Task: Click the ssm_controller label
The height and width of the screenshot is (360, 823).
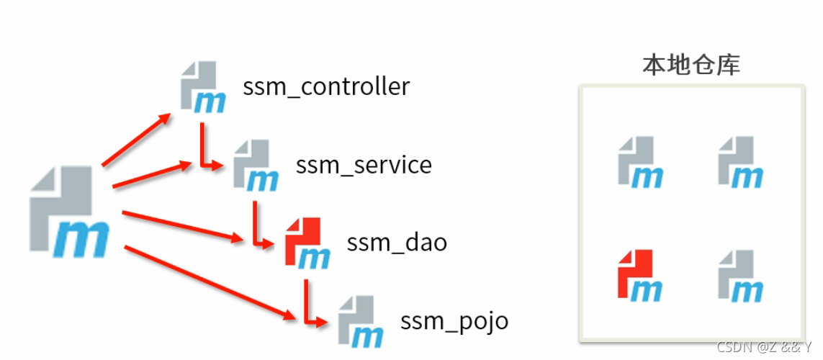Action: (326, 87)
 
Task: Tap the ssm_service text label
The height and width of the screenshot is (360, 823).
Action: (364, 165)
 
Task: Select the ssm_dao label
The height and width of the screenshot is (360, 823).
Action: (397, 243)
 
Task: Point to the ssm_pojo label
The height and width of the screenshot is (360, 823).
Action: (454, 320)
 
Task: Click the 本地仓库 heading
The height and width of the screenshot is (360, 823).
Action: (691, 66)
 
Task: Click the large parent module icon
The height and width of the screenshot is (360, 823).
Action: (70, 213)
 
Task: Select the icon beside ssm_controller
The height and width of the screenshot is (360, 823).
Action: (202, 88)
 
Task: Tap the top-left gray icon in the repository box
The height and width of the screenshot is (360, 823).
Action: (639, 162)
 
